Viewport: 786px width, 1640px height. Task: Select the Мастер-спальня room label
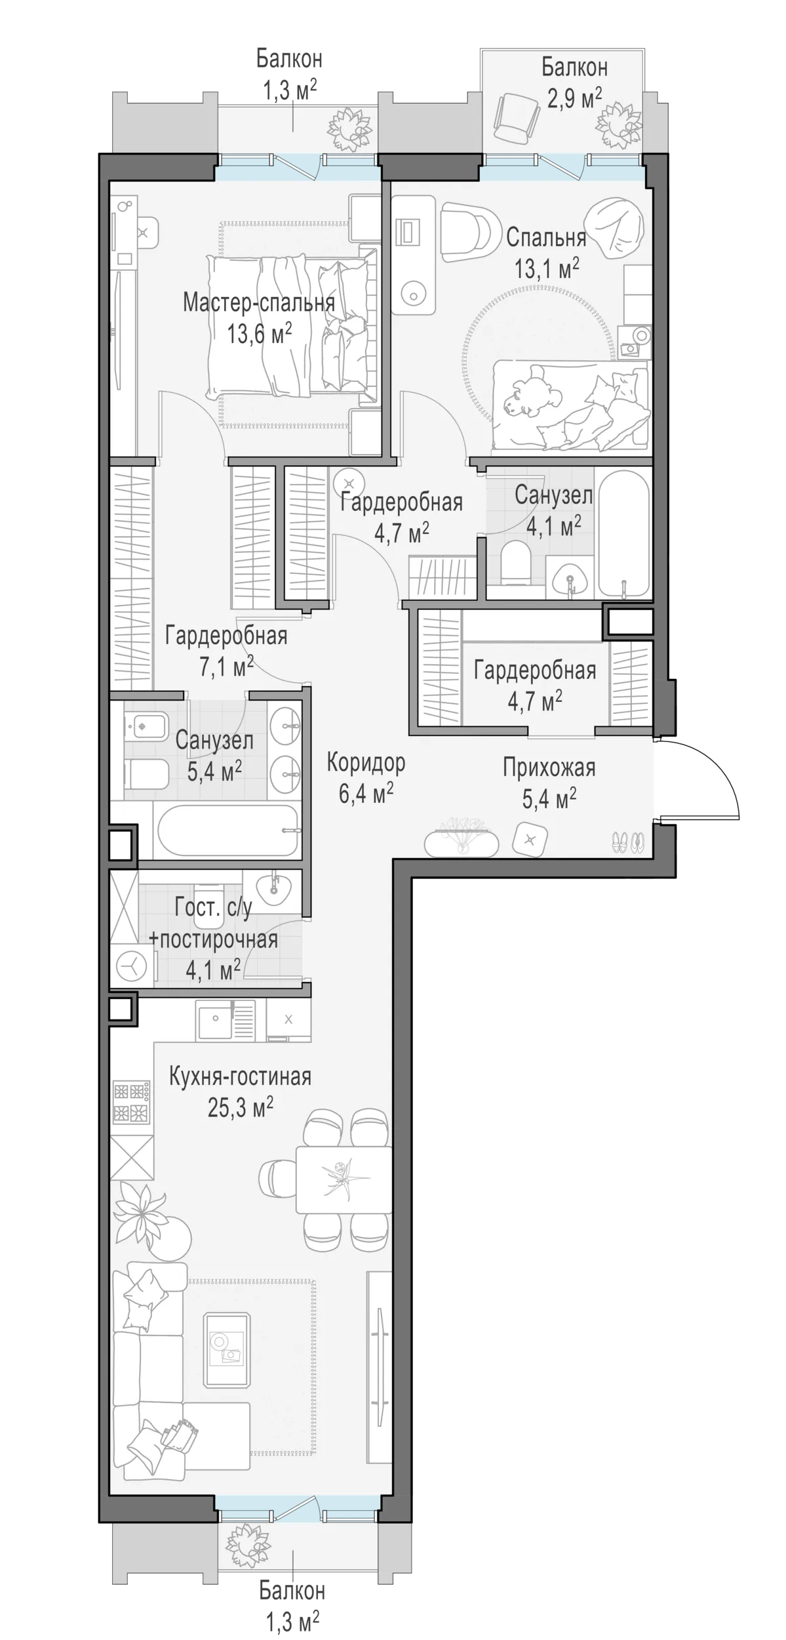(x=259, y=303)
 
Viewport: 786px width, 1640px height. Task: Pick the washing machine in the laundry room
(x=133, y=965)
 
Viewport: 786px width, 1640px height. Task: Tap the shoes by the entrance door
(x=628, y=842)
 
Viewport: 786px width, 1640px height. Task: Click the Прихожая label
(x=549, y=767)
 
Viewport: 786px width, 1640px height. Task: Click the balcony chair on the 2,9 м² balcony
(x=517, y=116)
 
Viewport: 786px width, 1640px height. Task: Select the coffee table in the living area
(x=227, y=1349)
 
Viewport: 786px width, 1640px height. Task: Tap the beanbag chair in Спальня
(x=616, y=229)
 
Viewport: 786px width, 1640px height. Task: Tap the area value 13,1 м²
(x=547, y=268)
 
